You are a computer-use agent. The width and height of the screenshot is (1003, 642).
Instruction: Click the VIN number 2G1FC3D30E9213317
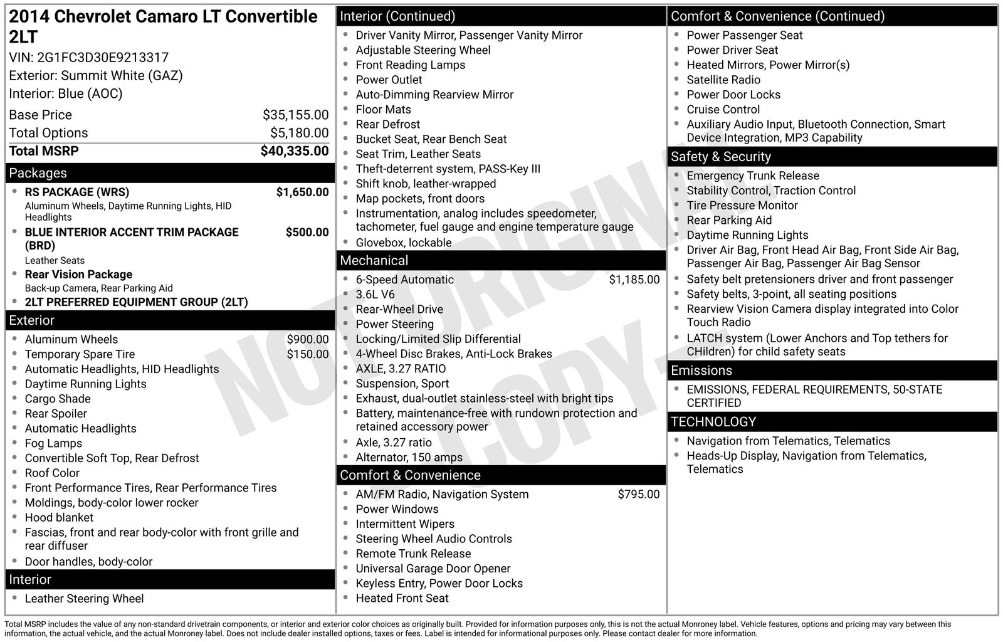[103, 58]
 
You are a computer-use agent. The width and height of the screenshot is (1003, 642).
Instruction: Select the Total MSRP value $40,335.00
[294, 151]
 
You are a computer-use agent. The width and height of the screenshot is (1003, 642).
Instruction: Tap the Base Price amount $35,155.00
[295, 115]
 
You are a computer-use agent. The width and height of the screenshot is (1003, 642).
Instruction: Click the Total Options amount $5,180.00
[299, 133]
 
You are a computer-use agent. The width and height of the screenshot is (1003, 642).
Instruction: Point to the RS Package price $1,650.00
[302, 192]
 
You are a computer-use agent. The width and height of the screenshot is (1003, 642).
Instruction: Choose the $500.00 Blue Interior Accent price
[307, 232]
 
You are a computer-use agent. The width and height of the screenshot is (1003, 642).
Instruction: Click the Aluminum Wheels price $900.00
[307, 339]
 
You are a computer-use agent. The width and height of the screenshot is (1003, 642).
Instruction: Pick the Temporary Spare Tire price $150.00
[307, 354]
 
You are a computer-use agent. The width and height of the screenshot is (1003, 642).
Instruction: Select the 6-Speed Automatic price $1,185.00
[634, 280]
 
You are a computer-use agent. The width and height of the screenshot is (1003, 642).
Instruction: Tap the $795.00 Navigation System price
[638, 494]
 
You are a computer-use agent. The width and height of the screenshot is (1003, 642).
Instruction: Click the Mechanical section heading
[374, 261]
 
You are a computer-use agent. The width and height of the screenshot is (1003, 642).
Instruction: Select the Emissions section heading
[701, 371]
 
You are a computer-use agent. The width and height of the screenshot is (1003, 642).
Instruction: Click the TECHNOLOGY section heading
[713, 422]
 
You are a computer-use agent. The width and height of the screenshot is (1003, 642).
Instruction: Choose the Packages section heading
[38, 173]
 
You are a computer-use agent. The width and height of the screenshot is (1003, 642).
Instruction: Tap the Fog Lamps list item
[53, 443]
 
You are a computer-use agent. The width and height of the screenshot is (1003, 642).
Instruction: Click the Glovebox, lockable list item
[403, 243]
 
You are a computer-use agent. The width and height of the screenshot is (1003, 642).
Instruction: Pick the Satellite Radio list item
[723, 80]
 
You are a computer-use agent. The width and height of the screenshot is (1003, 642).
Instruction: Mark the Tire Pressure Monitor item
[742, 205]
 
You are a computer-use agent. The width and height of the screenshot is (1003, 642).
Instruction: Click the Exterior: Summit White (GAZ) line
[96, 76]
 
